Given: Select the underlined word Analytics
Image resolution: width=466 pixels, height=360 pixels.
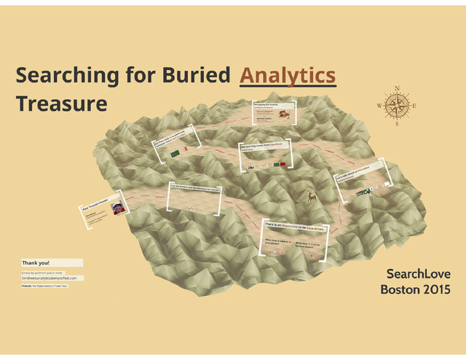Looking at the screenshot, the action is pyautogui.click(x=288, y=76).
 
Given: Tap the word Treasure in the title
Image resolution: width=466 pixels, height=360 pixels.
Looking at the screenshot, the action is pyautogui.click(x=61, y=104).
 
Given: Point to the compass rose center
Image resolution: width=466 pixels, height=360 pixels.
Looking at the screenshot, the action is pyautogui.click(x=397, y=106).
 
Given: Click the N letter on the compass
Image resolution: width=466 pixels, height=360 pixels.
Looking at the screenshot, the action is pyautogui.click(x=397, y=89).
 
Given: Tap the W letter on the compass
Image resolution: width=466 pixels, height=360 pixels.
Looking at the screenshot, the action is pyautogui.click(x=379, y=106).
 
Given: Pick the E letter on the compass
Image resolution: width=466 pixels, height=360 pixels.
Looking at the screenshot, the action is pyautogui.click(x=414, y=106).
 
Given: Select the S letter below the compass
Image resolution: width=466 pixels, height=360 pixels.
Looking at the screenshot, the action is pyautogui.click(x=397, y=124).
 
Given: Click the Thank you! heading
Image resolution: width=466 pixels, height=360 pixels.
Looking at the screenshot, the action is pyautogui.click(x=36, y=262).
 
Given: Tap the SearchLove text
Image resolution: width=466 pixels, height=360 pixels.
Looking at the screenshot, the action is pyautogui.click(x=419, y=274).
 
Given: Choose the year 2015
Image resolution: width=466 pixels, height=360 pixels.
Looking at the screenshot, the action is pyautogui.click(x=434, y=290).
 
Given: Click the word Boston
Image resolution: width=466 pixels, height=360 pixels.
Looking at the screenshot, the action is pyautogui.click(x=398, y=290).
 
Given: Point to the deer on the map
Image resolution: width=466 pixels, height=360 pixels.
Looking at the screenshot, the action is pyautogui.click(x=312, y=196).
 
